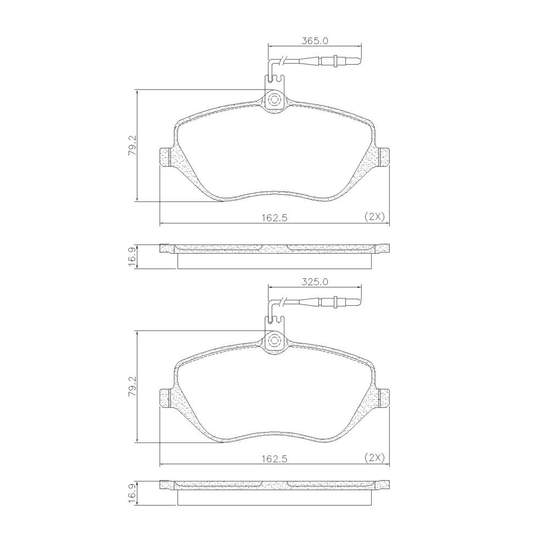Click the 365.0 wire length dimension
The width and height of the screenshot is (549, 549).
coord(315,41)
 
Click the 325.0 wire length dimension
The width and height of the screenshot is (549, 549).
coord(315,282)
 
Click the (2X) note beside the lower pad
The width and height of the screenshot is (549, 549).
coord(374,457)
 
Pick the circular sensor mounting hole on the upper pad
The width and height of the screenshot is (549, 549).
coord(274,99)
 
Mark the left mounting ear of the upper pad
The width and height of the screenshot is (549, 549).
coord(165,157)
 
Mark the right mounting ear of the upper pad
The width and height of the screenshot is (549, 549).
coord(383,157)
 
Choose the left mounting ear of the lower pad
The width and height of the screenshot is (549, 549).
coord(165,398)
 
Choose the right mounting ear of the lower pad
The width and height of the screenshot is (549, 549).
coord(383,398)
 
